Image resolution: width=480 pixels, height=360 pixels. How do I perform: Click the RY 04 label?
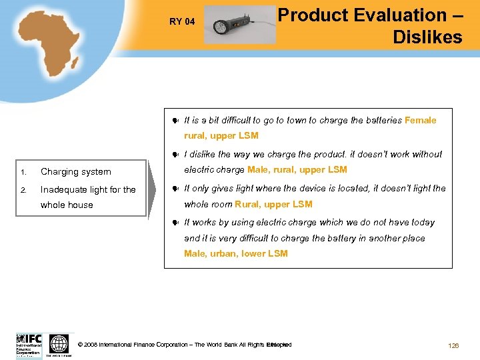click(x=182, y=21)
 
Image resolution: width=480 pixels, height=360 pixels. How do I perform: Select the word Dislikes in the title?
click(x=427, y=37)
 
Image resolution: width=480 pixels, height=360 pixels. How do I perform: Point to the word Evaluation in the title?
click(x=399, y=15)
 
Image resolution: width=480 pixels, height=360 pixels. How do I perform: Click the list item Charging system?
click(x=76, y=171)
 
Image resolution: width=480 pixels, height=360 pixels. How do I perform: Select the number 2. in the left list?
click(x=23, y=189)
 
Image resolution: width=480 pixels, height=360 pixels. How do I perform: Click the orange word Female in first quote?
click(x=421, y=120)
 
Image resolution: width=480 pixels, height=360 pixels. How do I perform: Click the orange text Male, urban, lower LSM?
click(x=236, y=253)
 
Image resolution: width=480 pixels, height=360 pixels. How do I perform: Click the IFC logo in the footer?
click(x=29, y=345)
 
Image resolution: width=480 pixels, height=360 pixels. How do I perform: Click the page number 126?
click(x=453, y=345)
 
